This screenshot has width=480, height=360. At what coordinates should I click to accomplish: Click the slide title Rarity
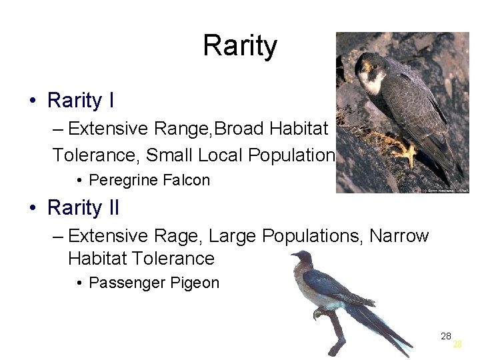(x=239, y=47)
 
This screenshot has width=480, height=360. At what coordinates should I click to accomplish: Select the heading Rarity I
(x=80, y=101)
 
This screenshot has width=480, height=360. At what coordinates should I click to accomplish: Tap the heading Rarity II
(x=83, y=208)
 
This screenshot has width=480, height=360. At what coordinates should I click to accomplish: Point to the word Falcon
(x=189, y=180)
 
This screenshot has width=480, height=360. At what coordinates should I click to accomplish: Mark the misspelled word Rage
(x=180, y=236)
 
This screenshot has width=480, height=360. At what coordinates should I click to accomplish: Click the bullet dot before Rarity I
(x=32, y=101)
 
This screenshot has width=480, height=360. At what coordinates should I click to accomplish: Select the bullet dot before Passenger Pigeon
(x=79, y=283)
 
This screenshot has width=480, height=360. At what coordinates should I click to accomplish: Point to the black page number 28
(x=446, y=336)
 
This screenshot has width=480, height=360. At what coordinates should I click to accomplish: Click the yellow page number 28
(x=457, y=345)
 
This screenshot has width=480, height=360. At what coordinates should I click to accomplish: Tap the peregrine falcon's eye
(x=366, y=66)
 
